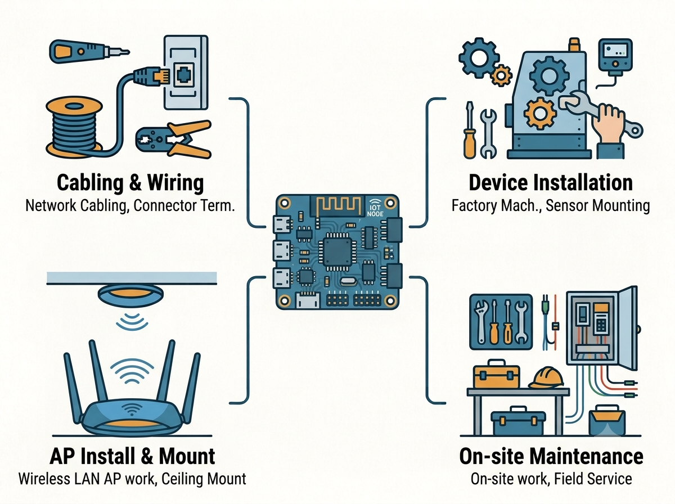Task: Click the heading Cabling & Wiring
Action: (130, 183)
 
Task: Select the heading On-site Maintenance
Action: (551, 456)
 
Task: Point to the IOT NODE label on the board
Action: (375, 210)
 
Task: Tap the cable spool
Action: (74, 126)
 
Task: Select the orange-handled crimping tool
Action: (174, 139)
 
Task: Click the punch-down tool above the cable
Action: (89, 51)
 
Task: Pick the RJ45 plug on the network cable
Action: (151, 76)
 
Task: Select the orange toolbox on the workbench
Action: (496, 374)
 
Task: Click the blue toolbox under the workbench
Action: (519, 421)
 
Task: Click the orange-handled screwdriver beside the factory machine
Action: (470, 130)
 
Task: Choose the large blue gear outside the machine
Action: (479, 57)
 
